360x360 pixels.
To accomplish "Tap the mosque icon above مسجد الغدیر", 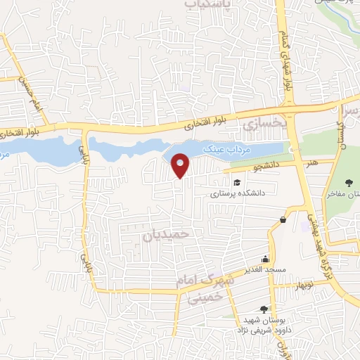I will point(264,259).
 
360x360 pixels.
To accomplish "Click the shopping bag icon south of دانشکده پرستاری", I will point(283,220).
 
